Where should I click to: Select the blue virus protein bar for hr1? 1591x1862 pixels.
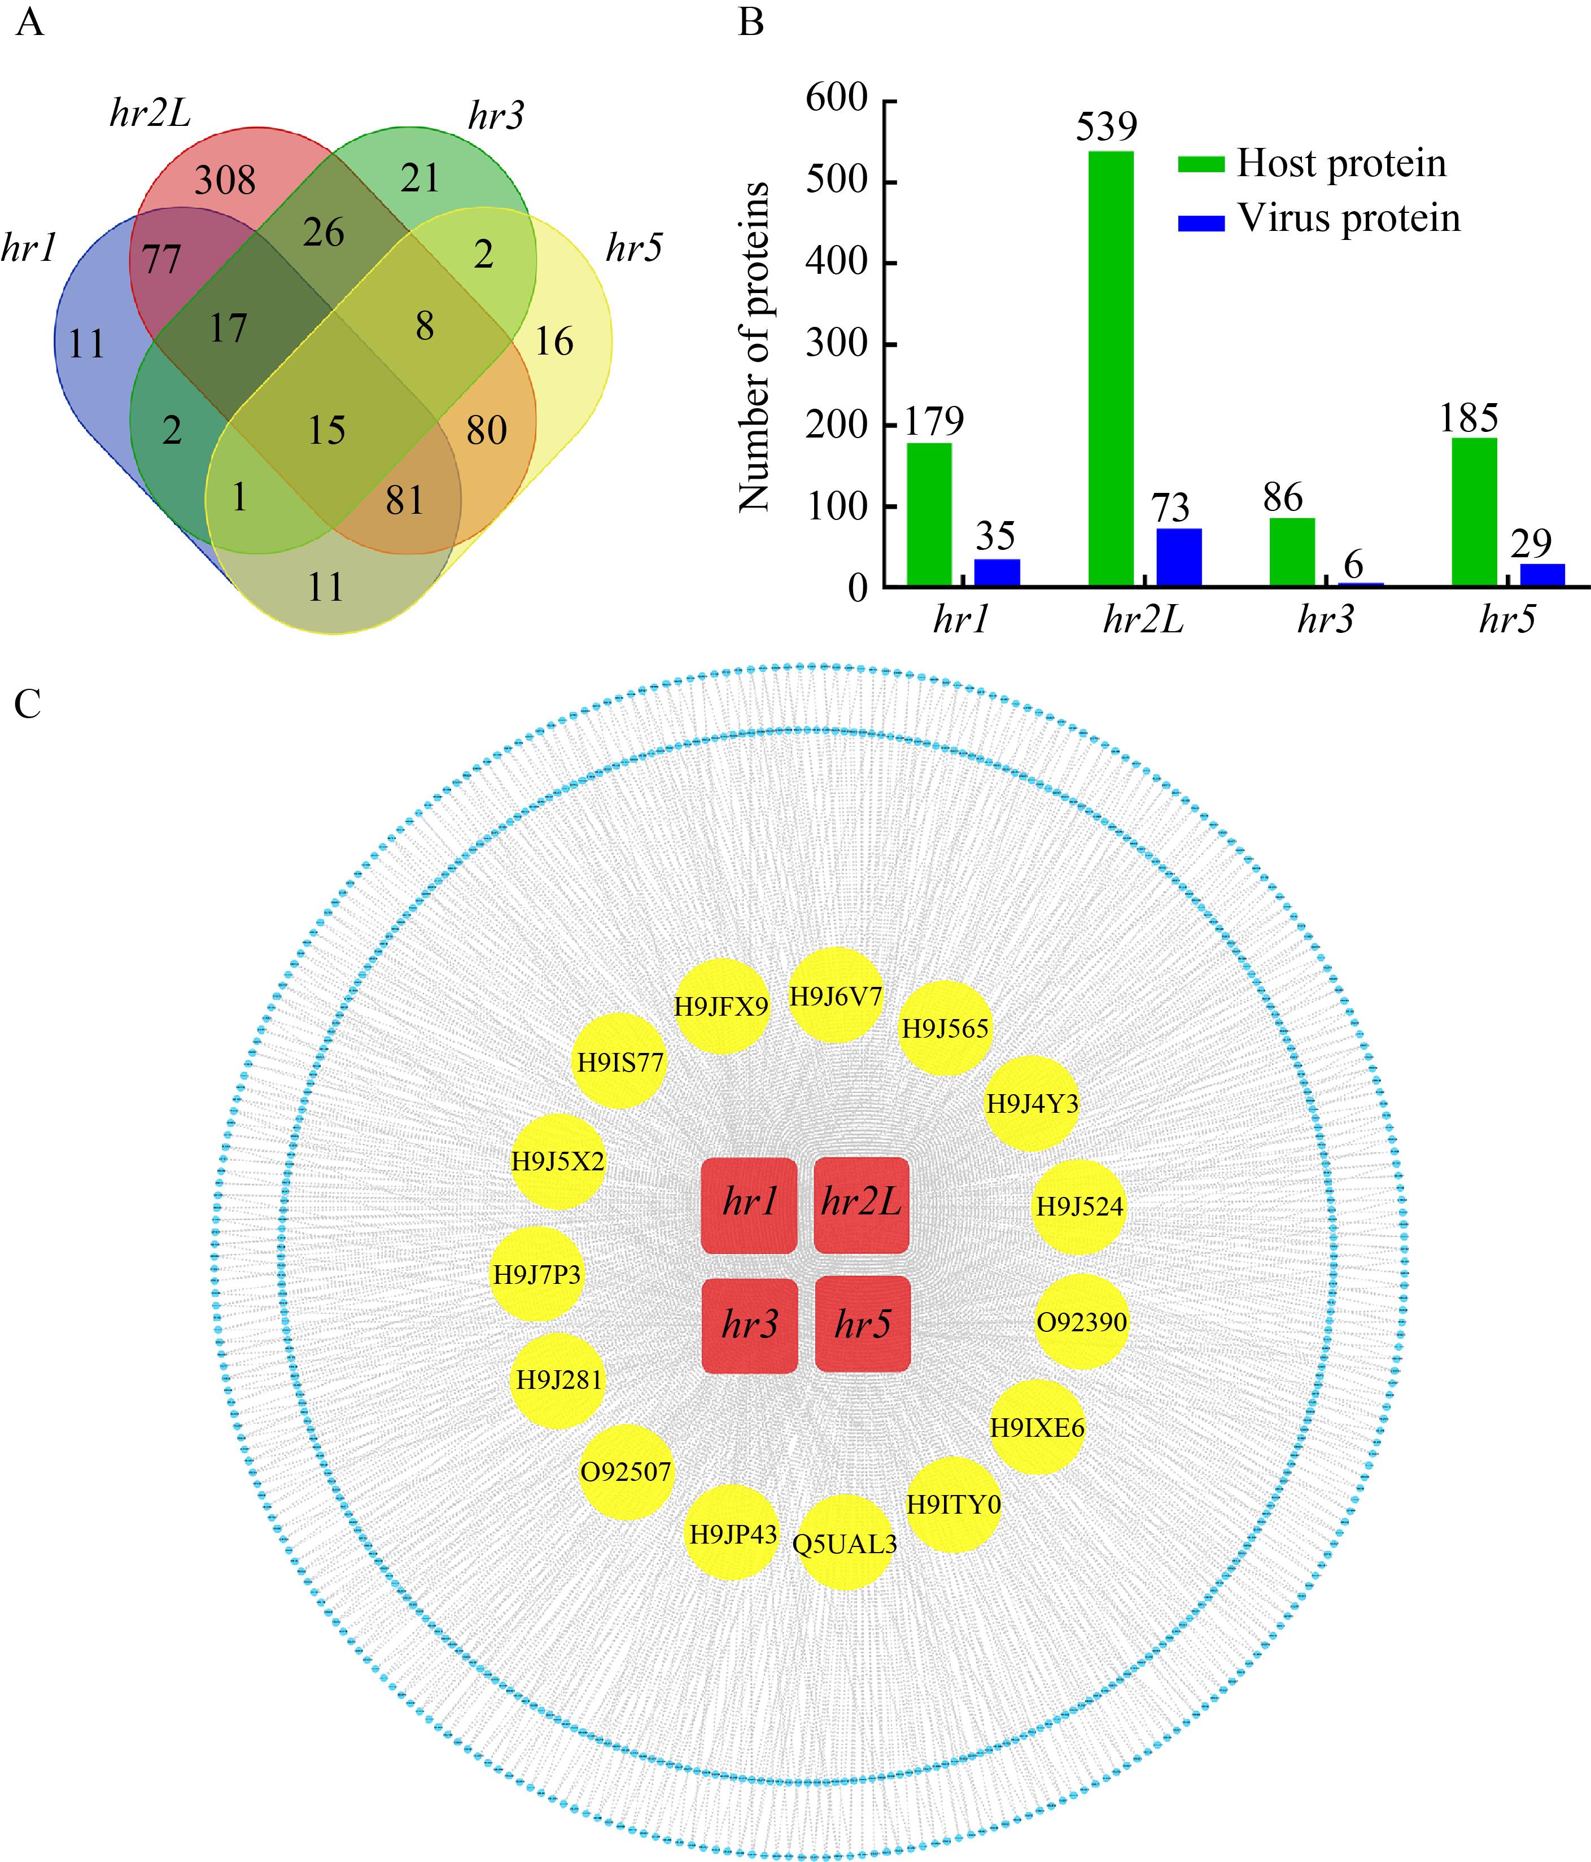pos(997,572)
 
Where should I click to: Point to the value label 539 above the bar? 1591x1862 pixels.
pos(1107,126)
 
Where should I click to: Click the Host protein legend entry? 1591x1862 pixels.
pos(1312,164)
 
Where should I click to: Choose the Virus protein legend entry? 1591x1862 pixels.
pos(1319,219)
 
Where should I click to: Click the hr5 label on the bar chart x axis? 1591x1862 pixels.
pos(1507,620)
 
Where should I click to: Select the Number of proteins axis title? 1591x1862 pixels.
pos(755,347)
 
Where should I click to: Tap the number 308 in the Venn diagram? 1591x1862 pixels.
pos(226,181)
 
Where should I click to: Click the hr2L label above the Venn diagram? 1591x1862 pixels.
pos(150,114)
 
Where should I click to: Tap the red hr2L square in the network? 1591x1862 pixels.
pos(861,1204)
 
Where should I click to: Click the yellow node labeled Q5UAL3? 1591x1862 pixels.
pos(845,1543)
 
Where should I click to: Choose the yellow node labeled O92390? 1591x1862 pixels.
pos(1081,1322)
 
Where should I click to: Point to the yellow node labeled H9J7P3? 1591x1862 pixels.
pos(536,1274)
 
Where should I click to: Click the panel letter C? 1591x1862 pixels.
pos(28,705)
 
